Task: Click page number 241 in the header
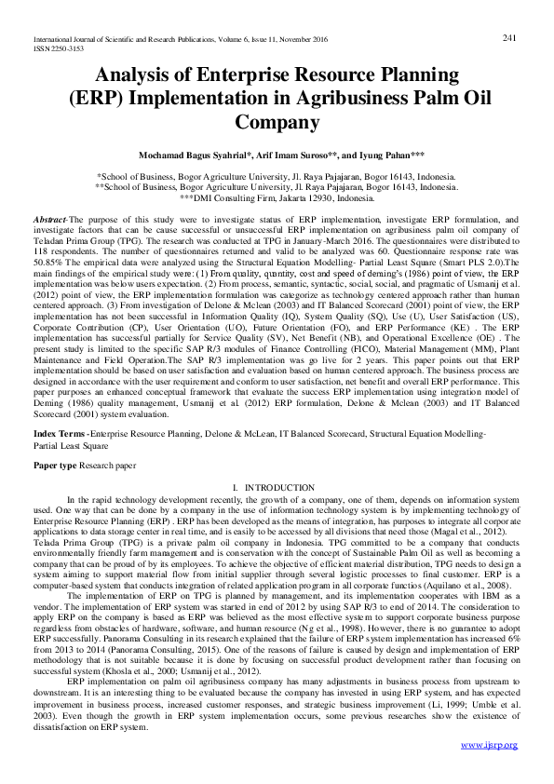click(509, 37)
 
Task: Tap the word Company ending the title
click(277, 121)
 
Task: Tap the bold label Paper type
click(55, 464)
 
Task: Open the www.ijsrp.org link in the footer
click(489, 745)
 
